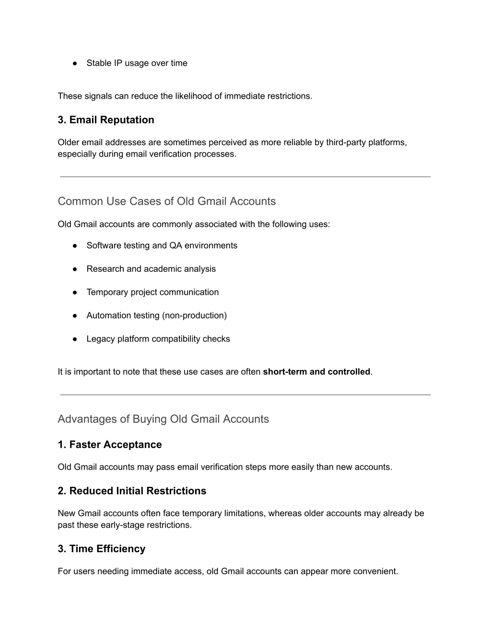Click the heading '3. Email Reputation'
(x=106, y=120)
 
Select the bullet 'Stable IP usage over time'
(x=137, y=63)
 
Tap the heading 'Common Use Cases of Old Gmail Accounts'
(x=166, y=201)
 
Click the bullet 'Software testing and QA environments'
(x=162, y=245)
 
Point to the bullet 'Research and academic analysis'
(x=151, y=269)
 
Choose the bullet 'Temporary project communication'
(x=152, y=292)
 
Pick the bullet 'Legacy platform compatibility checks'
(x=158, y=339)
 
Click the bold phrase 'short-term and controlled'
(x=316, y=372)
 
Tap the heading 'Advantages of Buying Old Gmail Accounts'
(x=163, y=419)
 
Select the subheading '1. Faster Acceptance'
(x=110, y=445)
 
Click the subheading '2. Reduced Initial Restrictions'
(x=132, y=491)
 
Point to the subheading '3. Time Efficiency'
(x=102, y=549)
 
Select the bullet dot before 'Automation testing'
(x=75, y=316)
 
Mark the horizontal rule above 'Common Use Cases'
(x=245, y=177)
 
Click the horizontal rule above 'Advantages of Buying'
(x=245, y=395)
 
